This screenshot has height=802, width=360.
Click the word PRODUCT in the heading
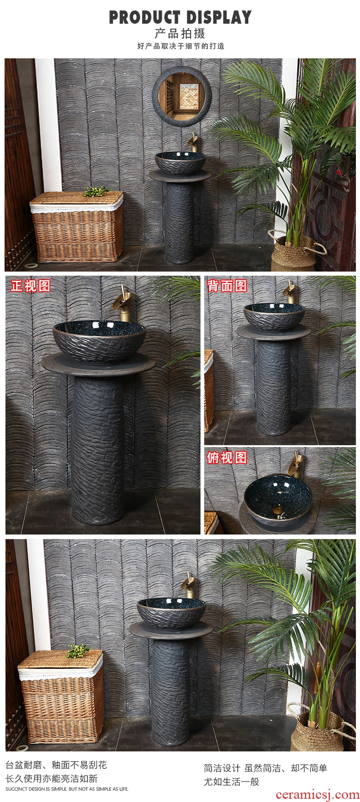(x=144, y=17)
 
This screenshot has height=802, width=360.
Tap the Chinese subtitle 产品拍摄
(x=180, y=33)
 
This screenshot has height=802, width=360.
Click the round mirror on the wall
(x=182, y=96)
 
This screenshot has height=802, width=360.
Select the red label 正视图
(x=31, y=286)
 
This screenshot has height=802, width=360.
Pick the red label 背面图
(x=227, y=286)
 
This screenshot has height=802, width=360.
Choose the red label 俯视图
(x=227, y=457)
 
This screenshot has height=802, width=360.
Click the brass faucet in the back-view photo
(x=289, y=292)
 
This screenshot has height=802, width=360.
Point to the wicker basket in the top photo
(x=77, y=226)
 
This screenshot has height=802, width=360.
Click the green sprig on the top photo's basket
(x=96, y=191)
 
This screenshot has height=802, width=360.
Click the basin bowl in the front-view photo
(x=99, y=341)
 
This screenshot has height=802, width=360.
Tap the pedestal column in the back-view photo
(x=274, y=387)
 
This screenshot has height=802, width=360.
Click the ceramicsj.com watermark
(x=318, y=794)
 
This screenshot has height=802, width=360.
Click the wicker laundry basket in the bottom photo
(x=61, y=696)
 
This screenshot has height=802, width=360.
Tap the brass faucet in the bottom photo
(x=188, y=585)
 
